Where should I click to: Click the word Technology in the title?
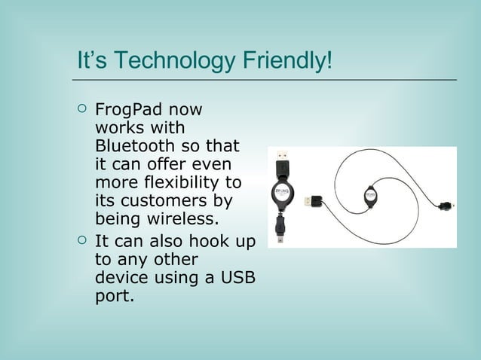(176, 60)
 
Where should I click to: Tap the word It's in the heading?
(92, 60)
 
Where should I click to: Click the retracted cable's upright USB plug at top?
(281, 160)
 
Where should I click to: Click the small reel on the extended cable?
(371, 197)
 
